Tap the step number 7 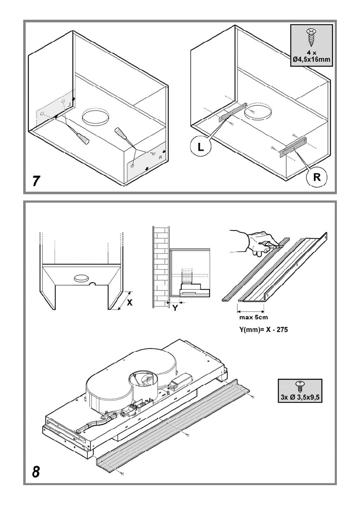tap(37, 181)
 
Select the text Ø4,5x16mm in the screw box tap(312, 60)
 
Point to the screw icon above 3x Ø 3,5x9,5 tap(300, 385)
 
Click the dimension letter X tap(130, 302)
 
